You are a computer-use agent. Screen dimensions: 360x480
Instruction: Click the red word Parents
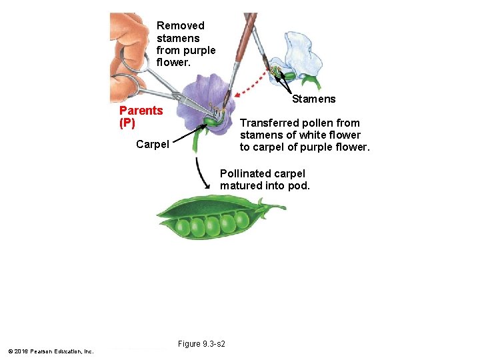[141, 111]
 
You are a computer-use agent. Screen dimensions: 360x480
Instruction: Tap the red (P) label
[127, 123]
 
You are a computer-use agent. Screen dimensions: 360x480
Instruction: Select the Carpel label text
[152, 144]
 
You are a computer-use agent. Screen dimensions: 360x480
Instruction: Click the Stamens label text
[314, 99]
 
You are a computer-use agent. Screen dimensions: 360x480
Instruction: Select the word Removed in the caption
[180, 26]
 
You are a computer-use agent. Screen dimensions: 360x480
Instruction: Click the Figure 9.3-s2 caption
[201, 344]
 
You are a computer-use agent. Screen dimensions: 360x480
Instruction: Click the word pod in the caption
[298, 186]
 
